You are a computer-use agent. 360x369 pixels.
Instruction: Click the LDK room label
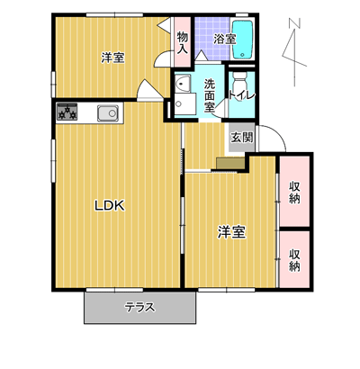pos(110,206)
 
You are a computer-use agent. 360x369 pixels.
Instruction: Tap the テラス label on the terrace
pos(140,308)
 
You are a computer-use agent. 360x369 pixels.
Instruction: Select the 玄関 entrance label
pos(242,138)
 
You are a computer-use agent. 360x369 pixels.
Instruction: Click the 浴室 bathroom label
pos(224,39)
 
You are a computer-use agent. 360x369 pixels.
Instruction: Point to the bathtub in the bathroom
pos(243,40)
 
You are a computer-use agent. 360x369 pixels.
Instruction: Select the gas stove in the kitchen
pos(67,112)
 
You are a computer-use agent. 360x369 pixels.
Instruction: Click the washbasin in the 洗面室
pos(183,83)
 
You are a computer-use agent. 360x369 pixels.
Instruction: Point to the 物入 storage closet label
pos(182,43)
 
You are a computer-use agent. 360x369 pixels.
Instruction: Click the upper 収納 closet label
pos(294,193)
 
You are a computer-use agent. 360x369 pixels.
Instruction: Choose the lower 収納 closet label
pos(294,260)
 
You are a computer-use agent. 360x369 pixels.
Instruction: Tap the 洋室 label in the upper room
pos(112,58)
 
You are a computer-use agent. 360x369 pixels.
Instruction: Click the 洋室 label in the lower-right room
pos(231,232)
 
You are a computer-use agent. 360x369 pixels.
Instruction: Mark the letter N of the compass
pos(295,23)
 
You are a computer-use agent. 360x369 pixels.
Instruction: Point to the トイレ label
pos(242,94)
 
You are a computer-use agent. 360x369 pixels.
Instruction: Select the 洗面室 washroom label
pos(210,95)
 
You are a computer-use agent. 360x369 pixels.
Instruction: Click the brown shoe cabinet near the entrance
pos(230,164)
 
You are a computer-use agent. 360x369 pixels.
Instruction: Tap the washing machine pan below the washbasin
pos(185,103)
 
